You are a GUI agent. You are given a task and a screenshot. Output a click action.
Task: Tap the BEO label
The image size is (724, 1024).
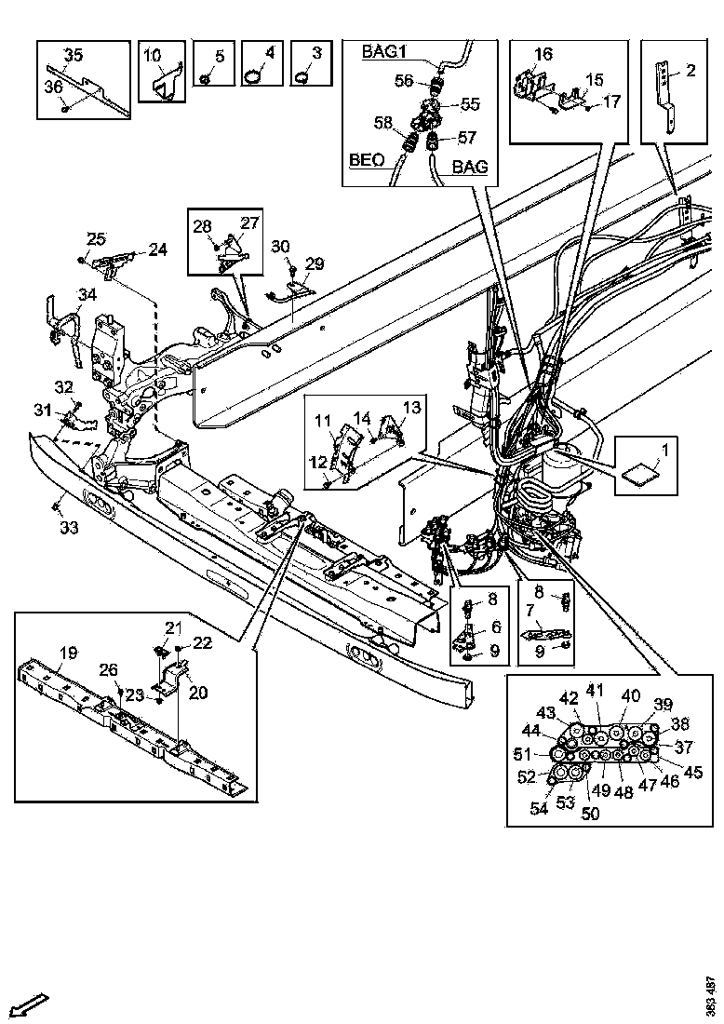tap(366, 160)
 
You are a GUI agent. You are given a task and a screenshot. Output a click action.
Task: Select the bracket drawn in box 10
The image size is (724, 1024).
tap(165, 82)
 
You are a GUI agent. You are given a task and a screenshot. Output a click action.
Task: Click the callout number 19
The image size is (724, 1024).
tap(69, 652)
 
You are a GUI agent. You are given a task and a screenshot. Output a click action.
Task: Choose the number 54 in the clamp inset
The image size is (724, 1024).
tap(539, 809)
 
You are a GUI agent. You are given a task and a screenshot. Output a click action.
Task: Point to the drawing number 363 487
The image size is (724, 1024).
tap(710, 995)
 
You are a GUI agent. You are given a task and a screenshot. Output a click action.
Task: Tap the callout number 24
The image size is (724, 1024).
tap(157, 249)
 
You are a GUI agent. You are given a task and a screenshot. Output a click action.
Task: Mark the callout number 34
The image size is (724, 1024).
tap(87, 295)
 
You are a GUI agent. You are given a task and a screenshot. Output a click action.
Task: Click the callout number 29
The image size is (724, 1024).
tap(315, 264)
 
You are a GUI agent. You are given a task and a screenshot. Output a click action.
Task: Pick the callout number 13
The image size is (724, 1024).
tap(411, 407)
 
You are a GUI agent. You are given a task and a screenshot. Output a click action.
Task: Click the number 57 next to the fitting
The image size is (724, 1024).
tap(467, 137)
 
